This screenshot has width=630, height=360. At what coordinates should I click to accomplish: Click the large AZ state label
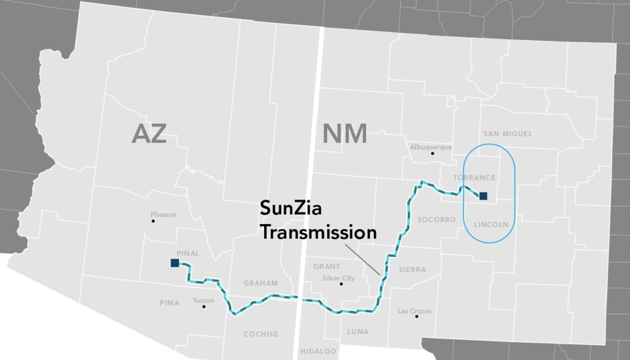(x=149, y=133)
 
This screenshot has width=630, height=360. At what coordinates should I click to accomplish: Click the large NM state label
(x=344, y=133)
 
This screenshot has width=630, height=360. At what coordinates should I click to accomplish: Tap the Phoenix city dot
(x=153, y=221)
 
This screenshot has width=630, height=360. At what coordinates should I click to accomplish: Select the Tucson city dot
(x=203, y=306)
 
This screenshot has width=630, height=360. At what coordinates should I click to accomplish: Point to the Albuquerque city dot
(x=432, y=153)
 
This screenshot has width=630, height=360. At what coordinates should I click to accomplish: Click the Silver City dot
(x=341, y=284)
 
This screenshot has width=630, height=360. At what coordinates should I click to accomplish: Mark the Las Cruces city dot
(x=417, y=316)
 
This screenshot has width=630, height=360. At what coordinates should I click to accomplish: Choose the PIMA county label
(x=170, y=303)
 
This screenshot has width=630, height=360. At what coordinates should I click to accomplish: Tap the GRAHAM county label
(x=261, y=283)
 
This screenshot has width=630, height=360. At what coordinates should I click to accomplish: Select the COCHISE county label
(x=261, y=334)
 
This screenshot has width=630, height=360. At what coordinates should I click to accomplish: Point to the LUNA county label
(x=358, y=331)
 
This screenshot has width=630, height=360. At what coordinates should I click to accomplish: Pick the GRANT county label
(x=326, y=267)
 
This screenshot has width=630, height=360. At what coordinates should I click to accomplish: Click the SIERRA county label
(x=412, y=270)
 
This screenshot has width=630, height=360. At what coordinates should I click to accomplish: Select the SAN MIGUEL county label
(x=508, y=134)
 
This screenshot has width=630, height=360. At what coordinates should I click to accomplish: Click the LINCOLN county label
(x=491, y=224)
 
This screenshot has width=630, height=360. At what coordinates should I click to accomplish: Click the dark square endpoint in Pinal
(x=175, y=263)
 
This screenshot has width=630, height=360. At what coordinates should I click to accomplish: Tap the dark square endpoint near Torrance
(x=483, y=195)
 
